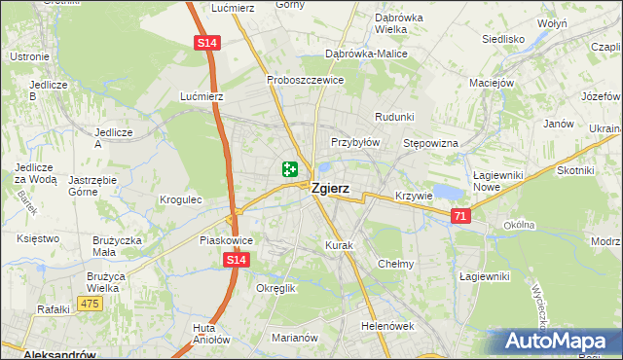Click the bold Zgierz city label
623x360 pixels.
point(331,191)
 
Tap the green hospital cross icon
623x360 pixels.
point(289,169)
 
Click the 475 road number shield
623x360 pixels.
point(91,305)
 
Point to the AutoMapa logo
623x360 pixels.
point(557,342)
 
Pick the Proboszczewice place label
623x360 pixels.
point(306,80)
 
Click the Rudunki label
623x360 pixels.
point(394,117)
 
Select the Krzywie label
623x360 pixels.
point(414,196)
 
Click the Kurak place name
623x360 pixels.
point(339,245)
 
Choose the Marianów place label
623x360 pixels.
point(296,338)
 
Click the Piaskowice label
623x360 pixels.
point(226,240)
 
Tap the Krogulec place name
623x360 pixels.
point(180,199)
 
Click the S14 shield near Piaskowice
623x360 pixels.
point(235,261)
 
